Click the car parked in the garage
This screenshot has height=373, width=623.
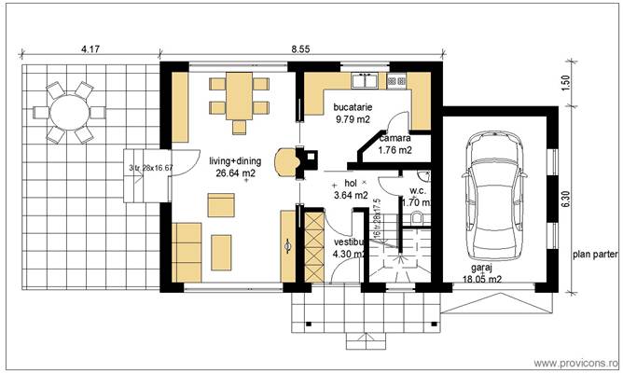(495, 193)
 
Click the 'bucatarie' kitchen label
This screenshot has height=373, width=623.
(353, 108)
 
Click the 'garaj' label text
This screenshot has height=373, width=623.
(481, 267)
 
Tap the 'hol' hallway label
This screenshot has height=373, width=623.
(351, 184)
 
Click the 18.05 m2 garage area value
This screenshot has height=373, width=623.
(481, 278)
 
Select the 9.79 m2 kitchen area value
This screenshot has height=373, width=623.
(353, 120)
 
